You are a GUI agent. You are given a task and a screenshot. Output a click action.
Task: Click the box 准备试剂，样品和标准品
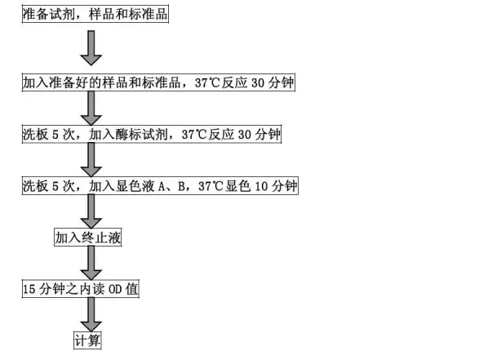click(95, 14)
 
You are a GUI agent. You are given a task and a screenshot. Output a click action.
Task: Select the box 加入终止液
click(87, 238)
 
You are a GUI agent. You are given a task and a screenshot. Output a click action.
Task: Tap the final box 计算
click(87, 340)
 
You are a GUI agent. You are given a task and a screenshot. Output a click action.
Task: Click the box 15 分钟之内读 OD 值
click(80, 288)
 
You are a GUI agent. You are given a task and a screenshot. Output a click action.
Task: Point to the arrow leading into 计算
click(91, 314)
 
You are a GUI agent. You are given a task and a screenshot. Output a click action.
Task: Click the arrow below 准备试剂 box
click(91, 48)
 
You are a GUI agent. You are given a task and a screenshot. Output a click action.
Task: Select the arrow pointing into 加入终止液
click(91, 211)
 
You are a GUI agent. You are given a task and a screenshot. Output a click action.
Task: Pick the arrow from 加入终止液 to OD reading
click(91, 263)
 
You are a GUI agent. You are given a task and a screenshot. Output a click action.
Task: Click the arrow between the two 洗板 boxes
click(91, 160)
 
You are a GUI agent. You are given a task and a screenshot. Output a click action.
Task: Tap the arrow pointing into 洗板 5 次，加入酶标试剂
click(91, 109)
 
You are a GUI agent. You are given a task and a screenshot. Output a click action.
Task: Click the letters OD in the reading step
click(115, 289)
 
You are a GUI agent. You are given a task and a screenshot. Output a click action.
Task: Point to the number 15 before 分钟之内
click(29, 289)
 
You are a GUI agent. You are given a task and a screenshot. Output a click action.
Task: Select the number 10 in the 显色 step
click(261, 186)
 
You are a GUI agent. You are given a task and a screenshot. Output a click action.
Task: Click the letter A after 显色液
click(162, 186)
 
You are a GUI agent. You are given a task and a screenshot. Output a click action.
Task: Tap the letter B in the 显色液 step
click(181, 186)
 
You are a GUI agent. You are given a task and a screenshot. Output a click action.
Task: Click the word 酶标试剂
click(141, 135)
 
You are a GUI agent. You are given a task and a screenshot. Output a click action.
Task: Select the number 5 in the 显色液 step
click(55, 186)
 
